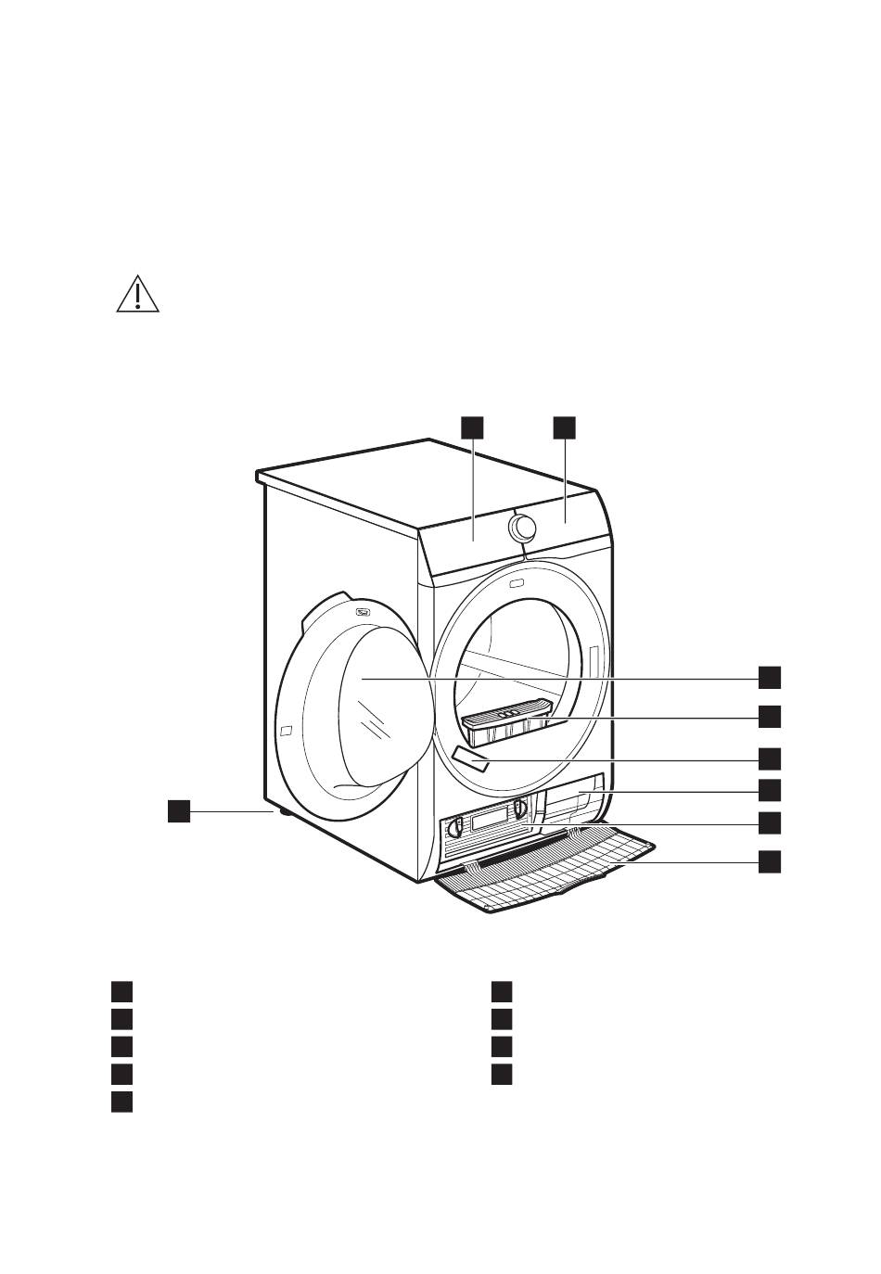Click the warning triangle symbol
(x=137, y=294)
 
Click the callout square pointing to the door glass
(x=769, y=678)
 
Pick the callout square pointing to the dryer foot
(x=179, y=810)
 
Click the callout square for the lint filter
(x=769, y=717)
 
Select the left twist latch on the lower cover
(x=454, y=827)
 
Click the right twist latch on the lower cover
(x=519, y=809)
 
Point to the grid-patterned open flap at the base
(x=547, y=872)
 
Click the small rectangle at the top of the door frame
(x=516, y=584)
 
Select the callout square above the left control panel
(x=472, y=427)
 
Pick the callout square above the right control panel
(x=564, y=427)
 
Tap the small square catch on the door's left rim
(x=286, y=730)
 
